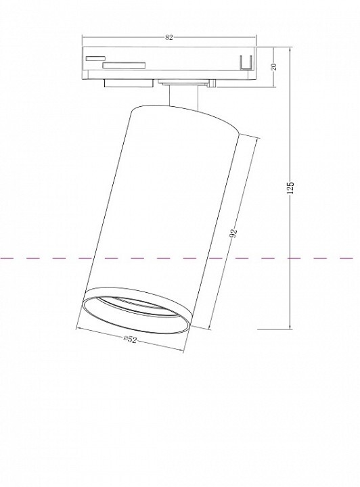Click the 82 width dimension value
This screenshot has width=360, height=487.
pos(168,38)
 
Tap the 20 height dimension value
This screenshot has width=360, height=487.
pos(273,67)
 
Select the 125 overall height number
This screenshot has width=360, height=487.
pos(290,188)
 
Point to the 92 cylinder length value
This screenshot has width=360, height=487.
pos(233,233)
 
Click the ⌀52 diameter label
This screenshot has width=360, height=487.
pos(130,339)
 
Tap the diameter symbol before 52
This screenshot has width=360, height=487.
pos(125,338)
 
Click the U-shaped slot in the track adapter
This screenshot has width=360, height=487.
pos(246,62)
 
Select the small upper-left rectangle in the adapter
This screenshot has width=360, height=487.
pos(95,58)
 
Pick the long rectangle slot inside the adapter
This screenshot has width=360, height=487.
pos(125,65)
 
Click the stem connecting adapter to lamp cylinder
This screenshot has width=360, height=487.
pos(183,97)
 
